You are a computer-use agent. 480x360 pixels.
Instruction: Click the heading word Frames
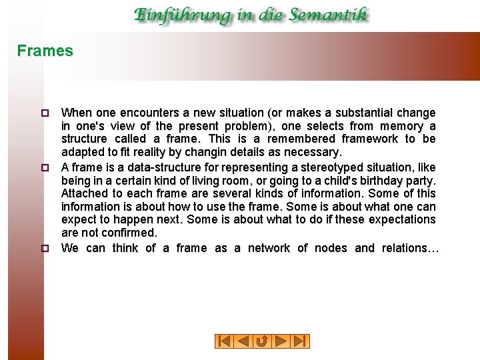[45, 51]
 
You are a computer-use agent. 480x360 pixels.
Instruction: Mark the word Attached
[85, 193]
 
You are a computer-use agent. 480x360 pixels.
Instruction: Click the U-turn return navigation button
[262, 341]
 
